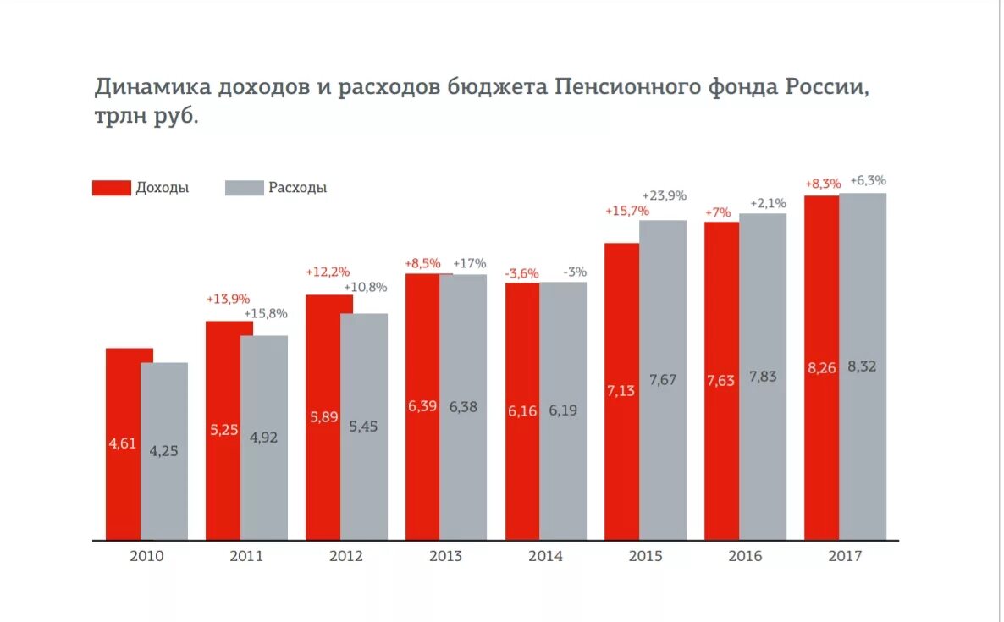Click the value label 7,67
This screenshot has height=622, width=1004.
[x=663, y=380]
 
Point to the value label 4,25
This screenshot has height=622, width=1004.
[x=164, y=451]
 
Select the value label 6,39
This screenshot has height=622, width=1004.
[x=422, y=406]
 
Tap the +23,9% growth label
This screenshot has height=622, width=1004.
[x=664, y=195]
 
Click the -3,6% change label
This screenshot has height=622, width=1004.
[x=521, y=272]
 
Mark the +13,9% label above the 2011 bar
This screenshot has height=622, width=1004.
[x=228, y=300]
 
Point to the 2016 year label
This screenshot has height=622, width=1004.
[x=745, y=556]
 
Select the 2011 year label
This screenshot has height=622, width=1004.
[x=246, y=556]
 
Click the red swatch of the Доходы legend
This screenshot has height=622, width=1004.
[x=112, y=188]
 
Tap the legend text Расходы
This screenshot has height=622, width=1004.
[x=297, y=188]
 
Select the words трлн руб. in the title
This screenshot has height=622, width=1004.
[x=146, y=116]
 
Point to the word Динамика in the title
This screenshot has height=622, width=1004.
[x=152, y=87]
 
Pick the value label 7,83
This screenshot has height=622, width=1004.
[x=763, y=377]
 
